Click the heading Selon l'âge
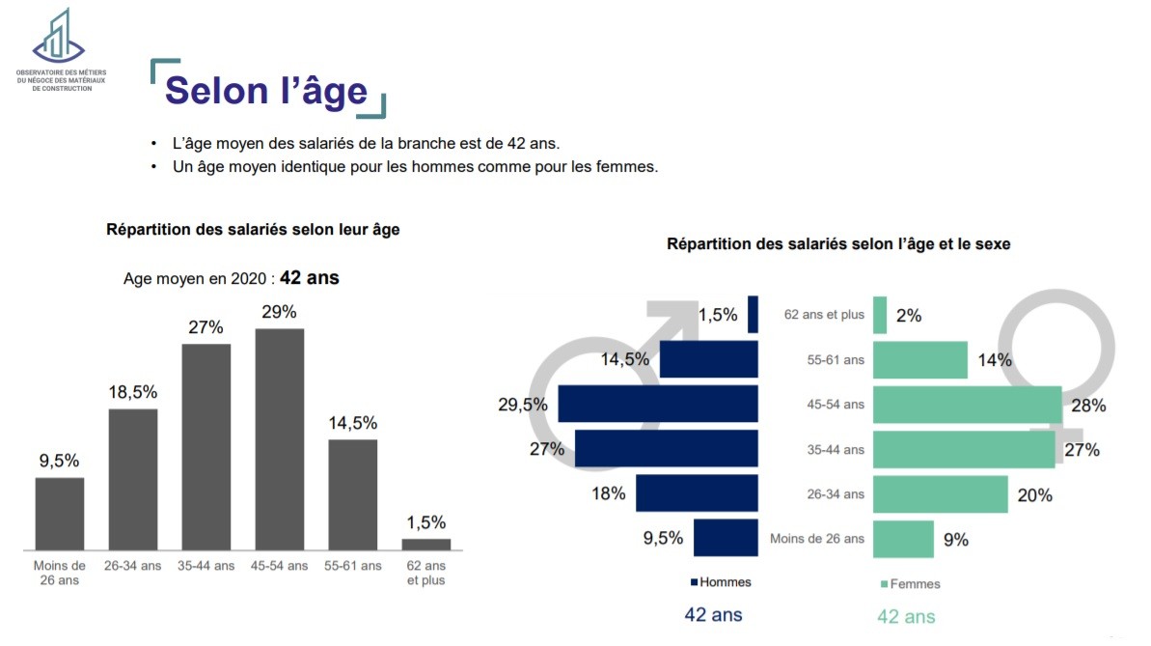pos(266,91)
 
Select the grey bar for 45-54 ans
pos(280,438)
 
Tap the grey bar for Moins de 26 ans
pos(60,513)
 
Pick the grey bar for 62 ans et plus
pos(425,544)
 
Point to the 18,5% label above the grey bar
pos(133,392)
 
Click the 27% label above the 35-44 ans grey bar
pos(206,327)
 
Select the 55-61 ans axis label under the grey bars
pos(352,566)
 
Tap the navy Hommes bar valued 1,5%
pos(753,315)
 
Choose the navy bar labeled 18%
pos(697,493)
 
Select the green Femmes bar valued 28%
pos(967,405)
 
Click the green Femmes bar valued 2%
pos(880,315)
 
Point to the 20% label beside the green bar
pos(1034,495)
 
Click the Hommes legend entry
pos(722,582)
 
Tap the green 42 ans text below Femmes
pos(905,617)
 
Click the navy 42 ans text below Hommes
pos(713,614)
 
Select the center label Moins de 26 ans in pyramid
pos(816,539)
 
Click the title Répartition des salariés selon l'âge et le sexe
pos(838,244)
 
